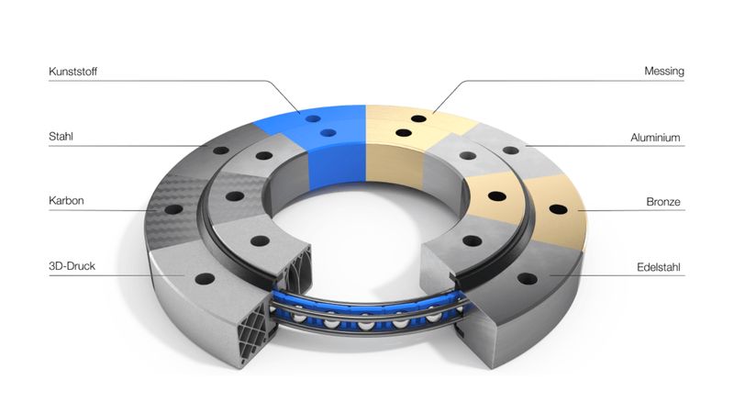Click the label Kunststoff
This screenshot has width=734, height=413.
73,72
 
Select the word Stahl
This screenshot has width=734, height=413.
61,137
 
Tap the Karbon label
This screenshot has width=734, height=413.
66,201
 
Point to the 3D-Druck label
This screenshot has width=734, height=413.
72,266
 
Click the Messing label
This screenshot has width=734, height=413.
664,72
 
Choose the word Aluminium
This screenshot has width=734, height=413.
655,138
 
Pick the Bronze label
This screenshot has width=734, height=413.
663,202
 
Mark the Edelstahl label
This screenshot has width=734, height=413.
659,267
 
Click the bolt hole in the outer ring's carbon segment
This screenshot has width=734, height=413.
173,209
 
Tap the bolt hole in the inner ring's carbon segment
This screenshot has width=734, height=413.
235,196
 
